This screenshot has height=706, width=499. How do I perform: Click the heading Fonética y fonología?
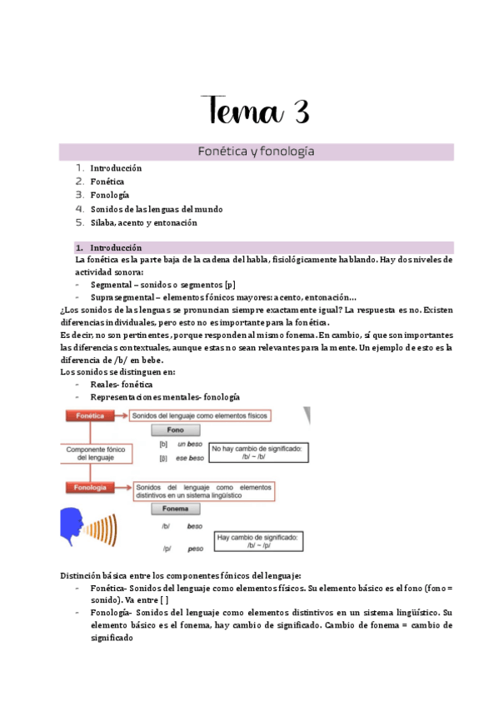tap(256, 152)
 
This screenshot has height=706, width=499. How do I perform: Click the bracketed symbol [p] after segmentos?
tap(230, 284)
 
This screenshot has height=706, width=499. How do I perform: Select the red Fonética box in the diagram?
tap(89, 415)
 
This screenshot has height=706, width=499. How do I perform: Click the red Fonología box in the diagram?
tap(90, 488)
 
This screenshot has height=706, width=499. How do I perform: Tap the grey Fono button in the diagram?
tap(176, 430)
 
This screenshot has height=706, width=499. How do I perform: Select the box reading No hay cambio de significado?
tap(257, 452)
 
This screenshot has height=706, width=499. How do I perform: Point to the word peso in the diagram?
tap(195, 550)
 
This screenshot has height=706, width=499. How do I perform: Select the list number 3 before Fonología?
tap(79, 195)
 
